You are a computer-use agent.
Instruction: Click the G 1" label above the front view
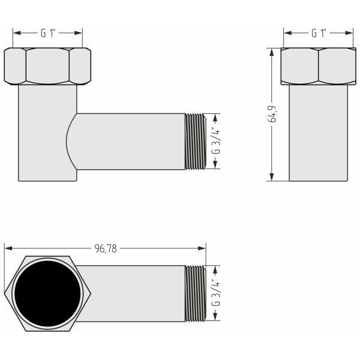click(47, 34)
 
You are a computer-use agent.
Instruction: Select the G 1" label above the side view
click(318, 34)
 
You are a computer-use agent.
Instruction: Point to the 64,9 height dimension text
click(272, 114)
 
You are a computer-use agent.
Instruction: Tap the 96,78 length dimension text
click(105, 248)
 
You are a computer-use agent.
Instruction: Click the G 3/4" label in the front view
click(216, 141)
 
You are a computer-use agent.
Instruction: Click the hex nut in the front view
click(47, 66)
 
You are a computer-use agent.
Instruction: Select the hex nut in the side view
click(318, 66)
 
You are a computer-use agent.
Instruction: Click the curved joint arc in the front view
click(67, 141)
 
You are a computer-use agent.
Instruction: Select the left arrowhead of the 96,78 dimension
click(8, 248)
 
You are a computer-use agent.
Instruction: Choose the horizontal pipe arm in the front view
click(129, 141)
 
